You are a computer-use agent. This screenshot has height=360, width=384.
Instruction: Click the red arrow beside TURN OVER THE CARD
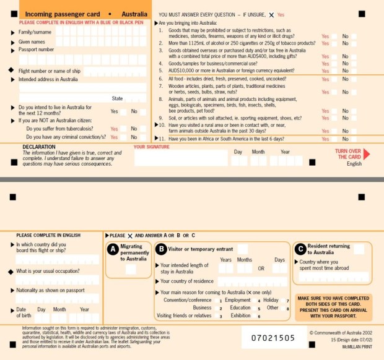[x=367, y=154]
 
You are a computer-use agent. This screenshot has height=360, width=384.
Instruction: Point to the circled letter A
[x=113, y=249]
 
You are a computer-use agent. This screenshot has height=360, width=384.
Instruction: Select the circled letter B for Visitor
[x=161, y=249]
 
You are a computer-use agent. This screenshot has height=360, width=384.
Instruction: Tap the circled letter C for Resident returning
[x=300, y=249]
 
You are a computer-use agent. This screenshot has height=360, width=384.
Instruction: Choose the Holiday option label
[x=271, y=300]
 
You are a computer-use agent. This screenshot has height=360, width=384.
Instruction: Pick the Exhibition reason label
[x=240, y=315]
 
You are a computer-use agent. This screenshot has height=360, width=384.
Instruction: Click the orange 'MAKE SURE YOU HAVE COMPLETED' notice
[x=334, y=307]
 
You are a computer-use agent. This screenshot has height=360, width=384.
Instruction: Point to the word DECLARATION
[x=39, y=147]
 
